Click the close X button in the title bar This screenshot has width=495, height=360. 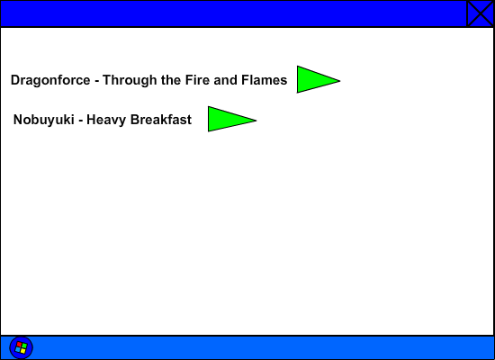tap(481, 13)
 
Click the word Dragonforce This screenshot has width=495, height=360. tap(50, 80)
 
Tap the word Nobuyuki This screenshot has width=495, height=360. tap(44, 120)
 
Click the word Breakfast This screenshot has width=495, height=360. tap(161, 120)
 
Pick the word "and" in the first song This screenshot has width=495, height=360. tap(225, 80)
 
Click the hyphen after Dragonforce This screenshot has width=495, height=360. tap(97, 82)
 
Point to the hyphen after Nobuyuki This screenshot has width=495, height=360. tap(80, 121)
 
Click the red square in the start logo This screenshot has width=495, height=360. tap(19, 345)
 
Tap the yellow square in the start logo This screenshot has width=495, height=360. tap(22, 351)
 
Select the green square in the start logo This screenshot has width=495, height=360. tap(24, 346)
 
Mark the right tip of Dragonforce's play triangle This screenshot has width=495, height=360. tap(340, 81)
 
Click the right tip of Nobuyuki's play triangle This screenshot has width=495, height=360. tap(256, 120)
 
